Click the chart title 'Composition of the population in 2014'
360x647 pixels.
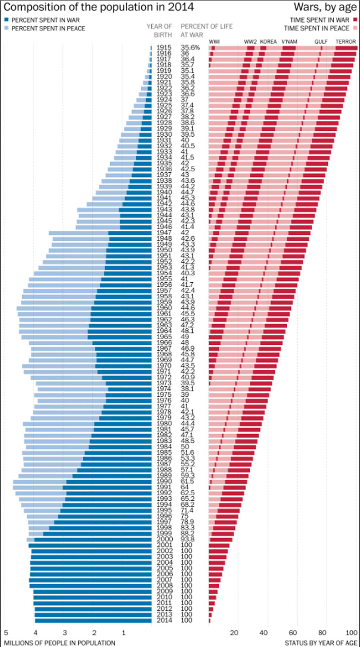[x=99, y=7]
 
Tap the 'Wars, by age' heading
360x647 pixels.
[x=325, y=7]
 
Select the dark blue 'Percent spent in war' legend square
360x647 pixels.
[x=7, y=20]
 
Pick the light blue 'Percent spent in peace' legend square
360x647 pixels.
[x=7, y=28]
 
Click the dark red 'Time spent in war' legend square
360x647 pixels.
[x=355, y=20]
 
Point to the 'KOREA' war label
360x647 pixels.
[x=268, y=41]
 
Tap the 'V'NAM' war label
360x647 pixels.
[x=289, y=41]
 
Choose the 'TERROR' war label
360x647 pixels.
[x=346, y=41]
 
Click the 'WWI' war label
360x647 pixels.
[x=214, y=41]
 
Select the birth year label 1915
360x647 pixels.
[x=164, y=47]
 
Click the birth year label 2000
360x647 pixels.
[x=164, y=539]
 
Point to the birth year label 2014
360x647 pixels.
[x=164, y=620]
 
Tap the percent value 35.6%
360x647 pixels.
[x=190, y=47]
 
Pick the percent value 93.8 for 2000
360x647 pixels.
[x=188, y=539]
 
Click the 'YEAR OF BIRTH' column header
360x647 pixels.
[x=159, y=31]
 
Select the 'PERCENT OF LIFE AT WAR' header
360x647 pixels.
[x=207, y=31]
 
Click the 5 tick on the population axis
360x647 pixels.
[x=6, y=633]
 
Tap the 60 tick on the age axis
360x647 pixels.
[x=293, y=633]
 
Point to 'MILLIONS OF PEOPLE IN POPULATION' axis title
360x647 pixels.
[x=59, y=643]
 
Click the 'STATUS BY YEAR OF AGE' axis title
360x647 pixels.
[x=321, y=643]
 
